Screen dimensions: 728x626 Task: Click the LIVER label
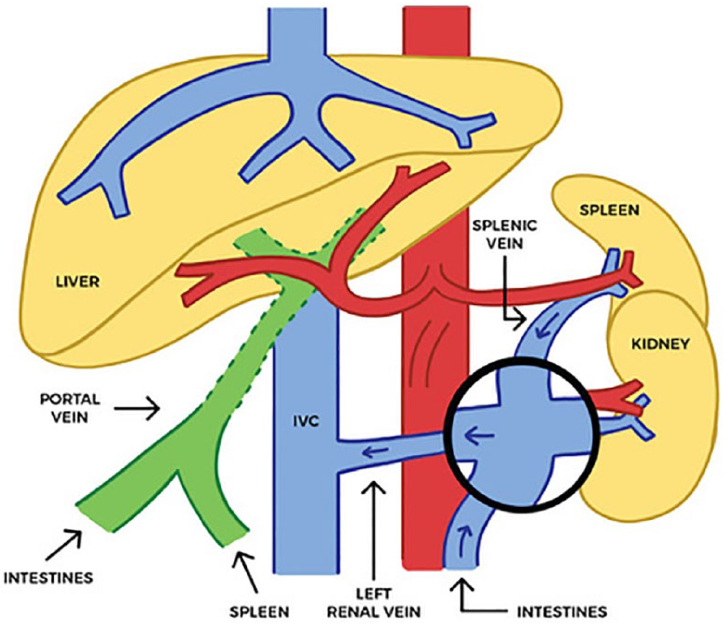pos(78,281)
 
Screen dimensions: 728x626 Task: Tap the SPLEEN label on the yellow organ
pos(610,210)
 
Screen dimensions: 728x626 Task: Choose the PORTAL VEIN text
pos(70,408)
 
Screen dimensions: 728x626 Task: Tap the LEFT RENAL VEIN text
pos(374,592)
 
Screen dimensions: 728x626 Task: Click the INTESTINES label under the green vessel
pos(48,578)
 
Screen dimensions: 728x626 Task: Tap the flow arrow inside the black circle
pos(479,436)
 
